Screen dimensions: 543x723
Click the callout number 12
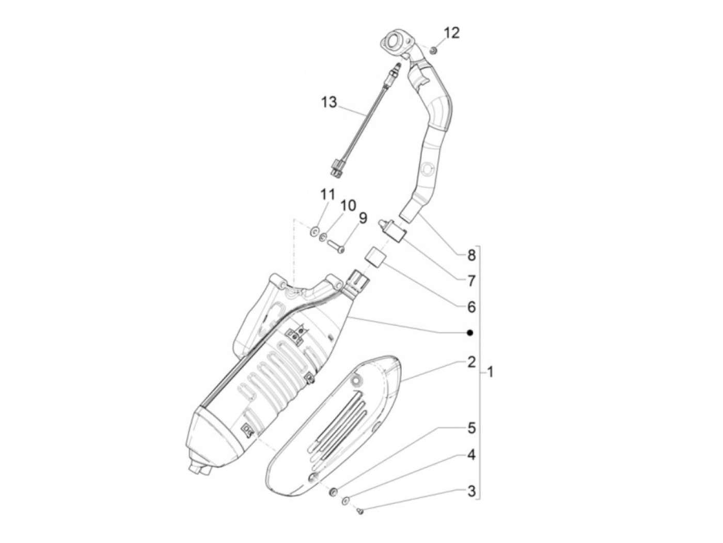(451, 33)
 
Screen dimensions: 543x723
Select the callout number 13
(328, 103)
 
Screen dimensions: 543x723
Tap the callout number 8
(470, 254)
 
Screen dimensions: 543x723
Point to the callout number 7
(470, 281)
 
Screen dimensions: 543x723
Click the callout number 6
(470, 307)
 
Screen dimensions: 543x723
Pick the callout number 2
(470, 362)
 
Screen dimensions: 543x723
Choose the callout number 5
(470, 428)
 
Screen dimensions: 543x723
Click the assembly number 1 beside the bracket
(490, 372)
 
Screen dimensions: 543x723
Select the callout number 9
(362, 218)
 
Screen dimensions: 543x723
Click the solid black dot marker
(470, 333)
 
